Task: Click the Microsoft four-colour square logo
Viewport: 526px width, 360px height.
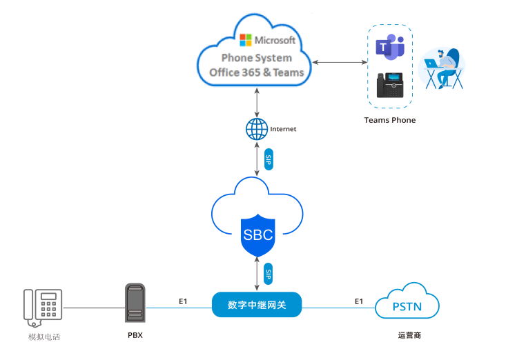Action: (246, 39)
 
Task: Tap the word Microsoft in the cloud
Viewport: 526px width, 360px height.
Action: (275, 40)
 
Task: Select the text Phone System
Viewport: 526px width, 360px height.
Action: (256, 58)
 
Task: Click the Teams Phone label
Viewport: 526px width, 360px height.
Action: (390, 120)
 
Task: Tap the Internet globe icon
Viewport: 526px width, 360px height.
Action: (257, 129)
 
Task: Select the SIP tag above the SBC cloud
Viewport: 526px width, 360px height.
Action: (269, 160)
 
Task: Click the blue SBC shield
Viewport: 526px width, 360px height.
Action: (257, 234)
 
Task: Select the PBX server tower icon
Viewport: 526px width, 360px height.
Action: (135, 302)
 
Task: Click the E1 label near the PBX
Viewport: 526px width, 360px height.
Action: (183, 301)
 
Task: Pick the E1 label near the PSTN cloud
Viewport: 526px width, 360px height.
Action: (359, 301)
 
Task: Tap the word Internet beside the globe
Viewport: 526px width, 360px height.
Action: (283, 129)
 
